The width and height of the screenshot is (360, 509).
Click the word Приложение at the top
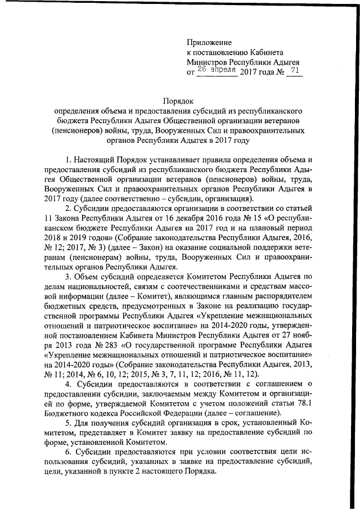point(209,42)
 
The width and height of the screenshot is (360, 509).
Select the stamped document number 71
point(294,70)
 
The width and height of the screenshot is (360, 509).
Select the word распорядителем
point(290,297)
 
